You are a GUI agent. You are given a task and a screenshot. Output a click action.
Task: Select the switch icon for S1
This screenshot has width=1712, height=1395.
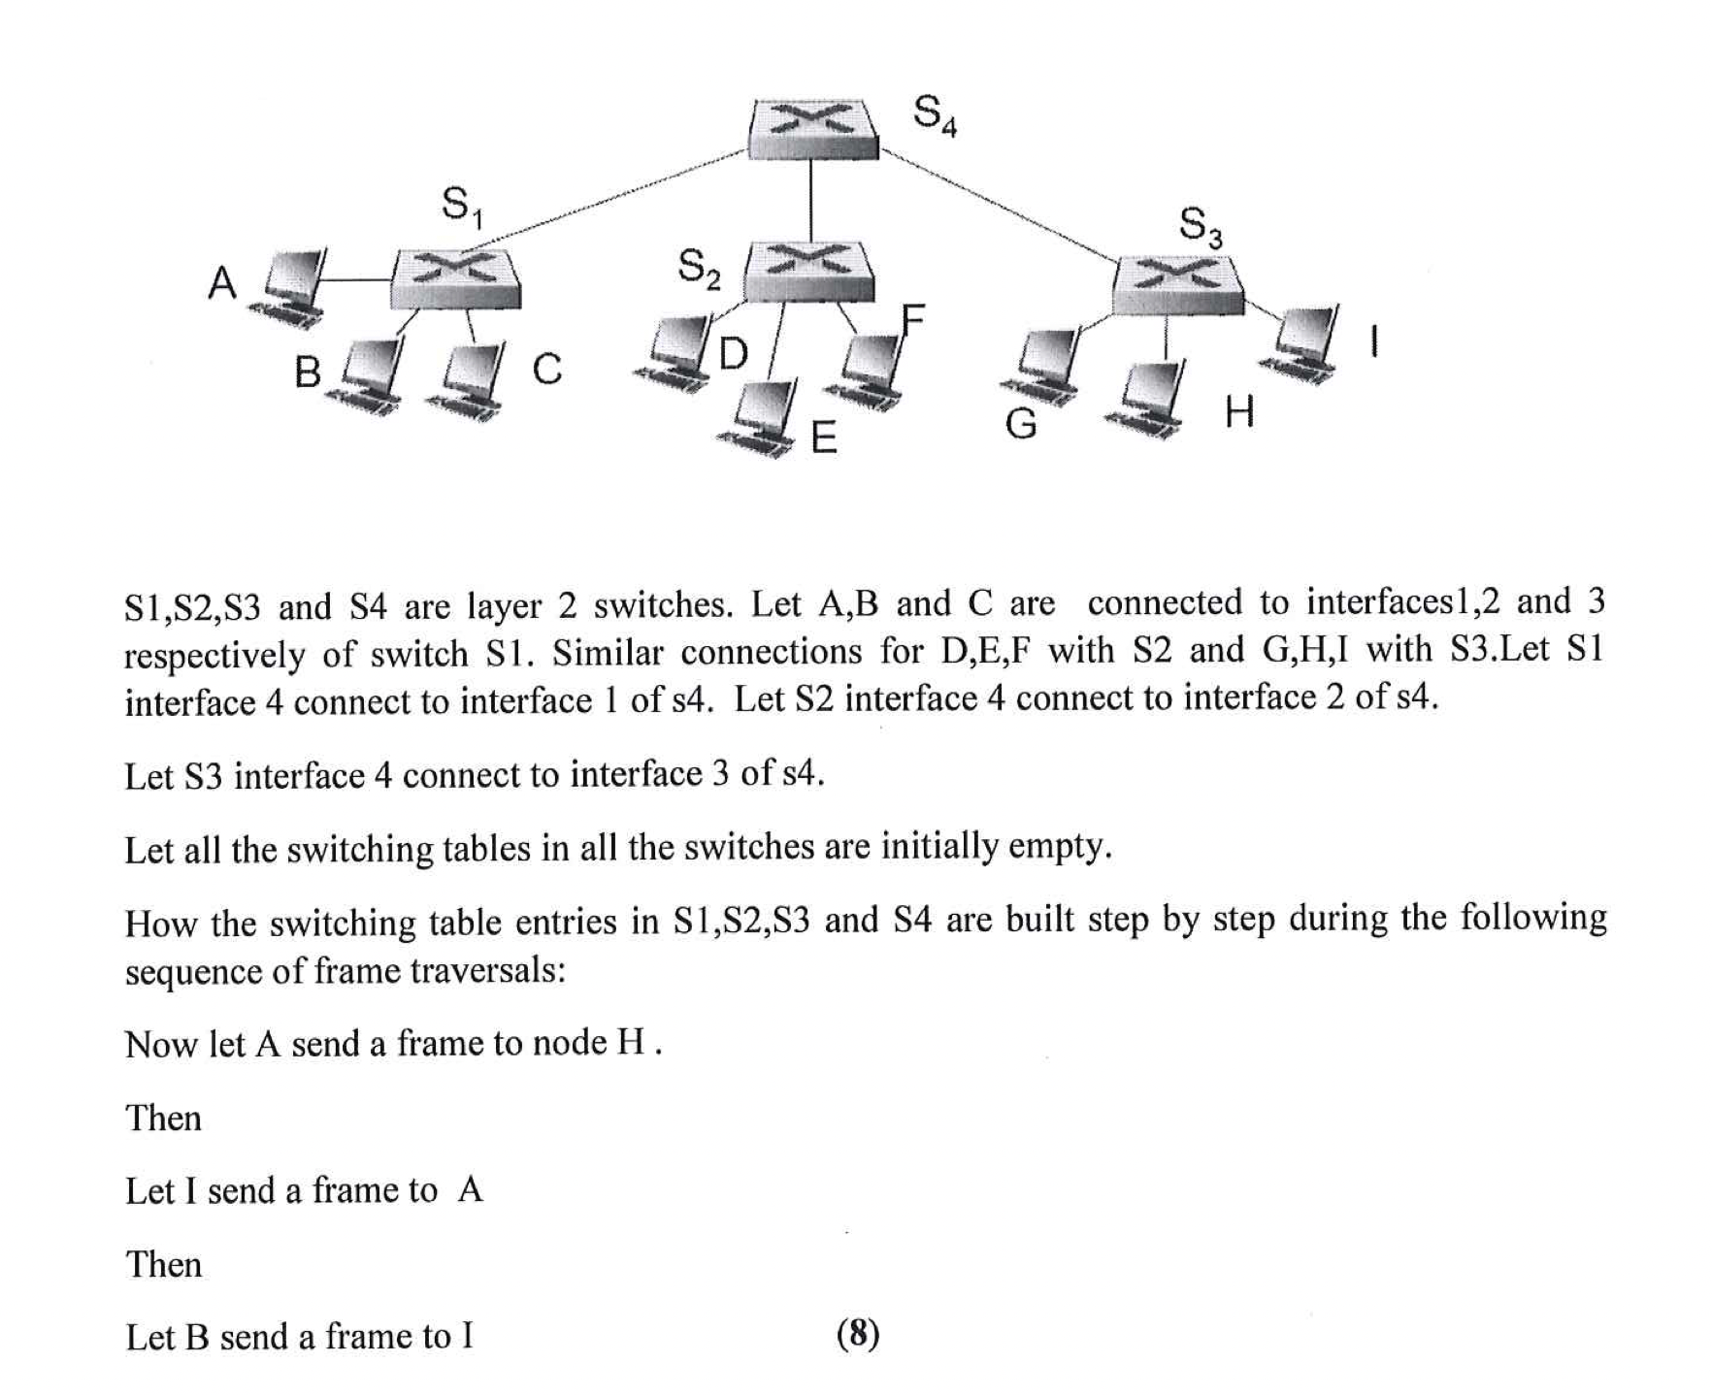455,277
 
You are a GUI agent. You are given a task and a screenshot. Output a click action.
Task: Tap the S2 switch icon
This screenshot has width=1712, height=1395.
808,270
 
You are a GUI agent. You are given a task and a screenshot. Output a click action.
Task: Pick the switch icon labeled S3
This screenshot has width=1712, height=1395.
1176,283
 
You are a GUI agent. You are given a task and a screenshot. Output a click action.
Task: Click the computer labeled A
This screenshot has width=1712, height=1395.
288,285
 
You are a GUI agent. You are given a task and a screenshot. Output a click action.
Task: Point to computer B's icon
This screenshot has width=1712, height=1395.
367,377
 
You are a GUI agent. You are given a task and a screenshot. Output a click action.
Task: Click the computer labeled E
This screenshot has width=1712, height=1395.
763,418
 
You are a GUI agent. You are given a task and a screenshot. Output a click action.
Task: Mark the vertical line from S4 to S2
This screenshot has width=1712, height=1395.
810,199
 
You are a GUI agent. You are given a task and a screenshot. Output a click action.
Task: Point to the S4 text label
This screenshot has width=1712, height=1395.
935,114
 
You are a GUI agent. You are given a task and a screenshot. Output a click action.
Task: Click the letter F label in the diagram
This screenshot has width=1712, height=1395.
912,318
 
